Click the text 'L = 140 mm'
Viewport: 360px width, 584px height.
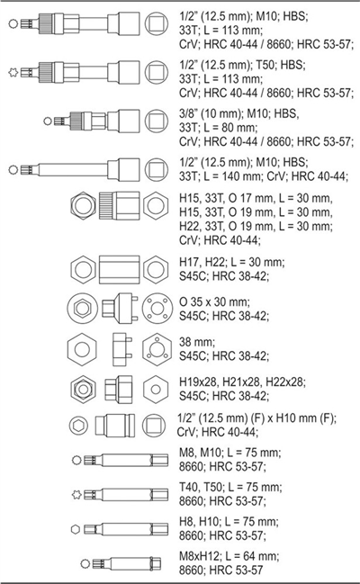pos(237,175)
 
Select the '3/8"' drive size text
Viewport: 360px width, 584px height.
pos(188,113)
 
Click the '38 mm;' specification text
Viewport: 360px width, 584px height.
pos(197,342)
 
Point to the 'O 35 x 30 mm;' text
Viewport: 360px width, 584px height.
pos(215,301)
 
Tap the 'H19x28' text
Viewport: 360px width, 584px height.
pos(198,382)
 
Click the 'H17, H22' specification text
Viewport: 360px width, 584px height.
pos(202,262)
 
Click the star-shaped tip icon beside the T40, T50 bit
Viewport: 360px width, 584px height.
pos(76,495)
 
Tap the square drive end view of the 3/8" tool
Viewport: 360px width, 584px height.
pos(156,121)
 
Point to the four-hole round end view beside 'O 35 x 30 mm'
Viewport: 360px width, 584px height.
pos(157,308)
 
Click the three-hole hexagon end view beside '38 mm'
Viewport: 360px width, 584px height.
pos(157,349)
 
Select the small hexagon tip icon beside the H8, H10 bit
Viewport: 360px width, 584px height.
pos(76,529)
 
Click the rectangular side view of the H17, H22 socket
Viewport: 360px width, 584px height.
pos(120,270)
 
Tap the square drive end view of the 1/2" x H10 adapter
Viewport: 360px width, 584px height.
pos(154,426)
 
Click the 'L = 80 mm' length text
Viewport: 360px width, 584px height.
pos(230,128)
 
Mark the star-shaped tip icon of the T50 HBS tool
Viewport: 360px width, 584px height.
pos(13,72)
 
